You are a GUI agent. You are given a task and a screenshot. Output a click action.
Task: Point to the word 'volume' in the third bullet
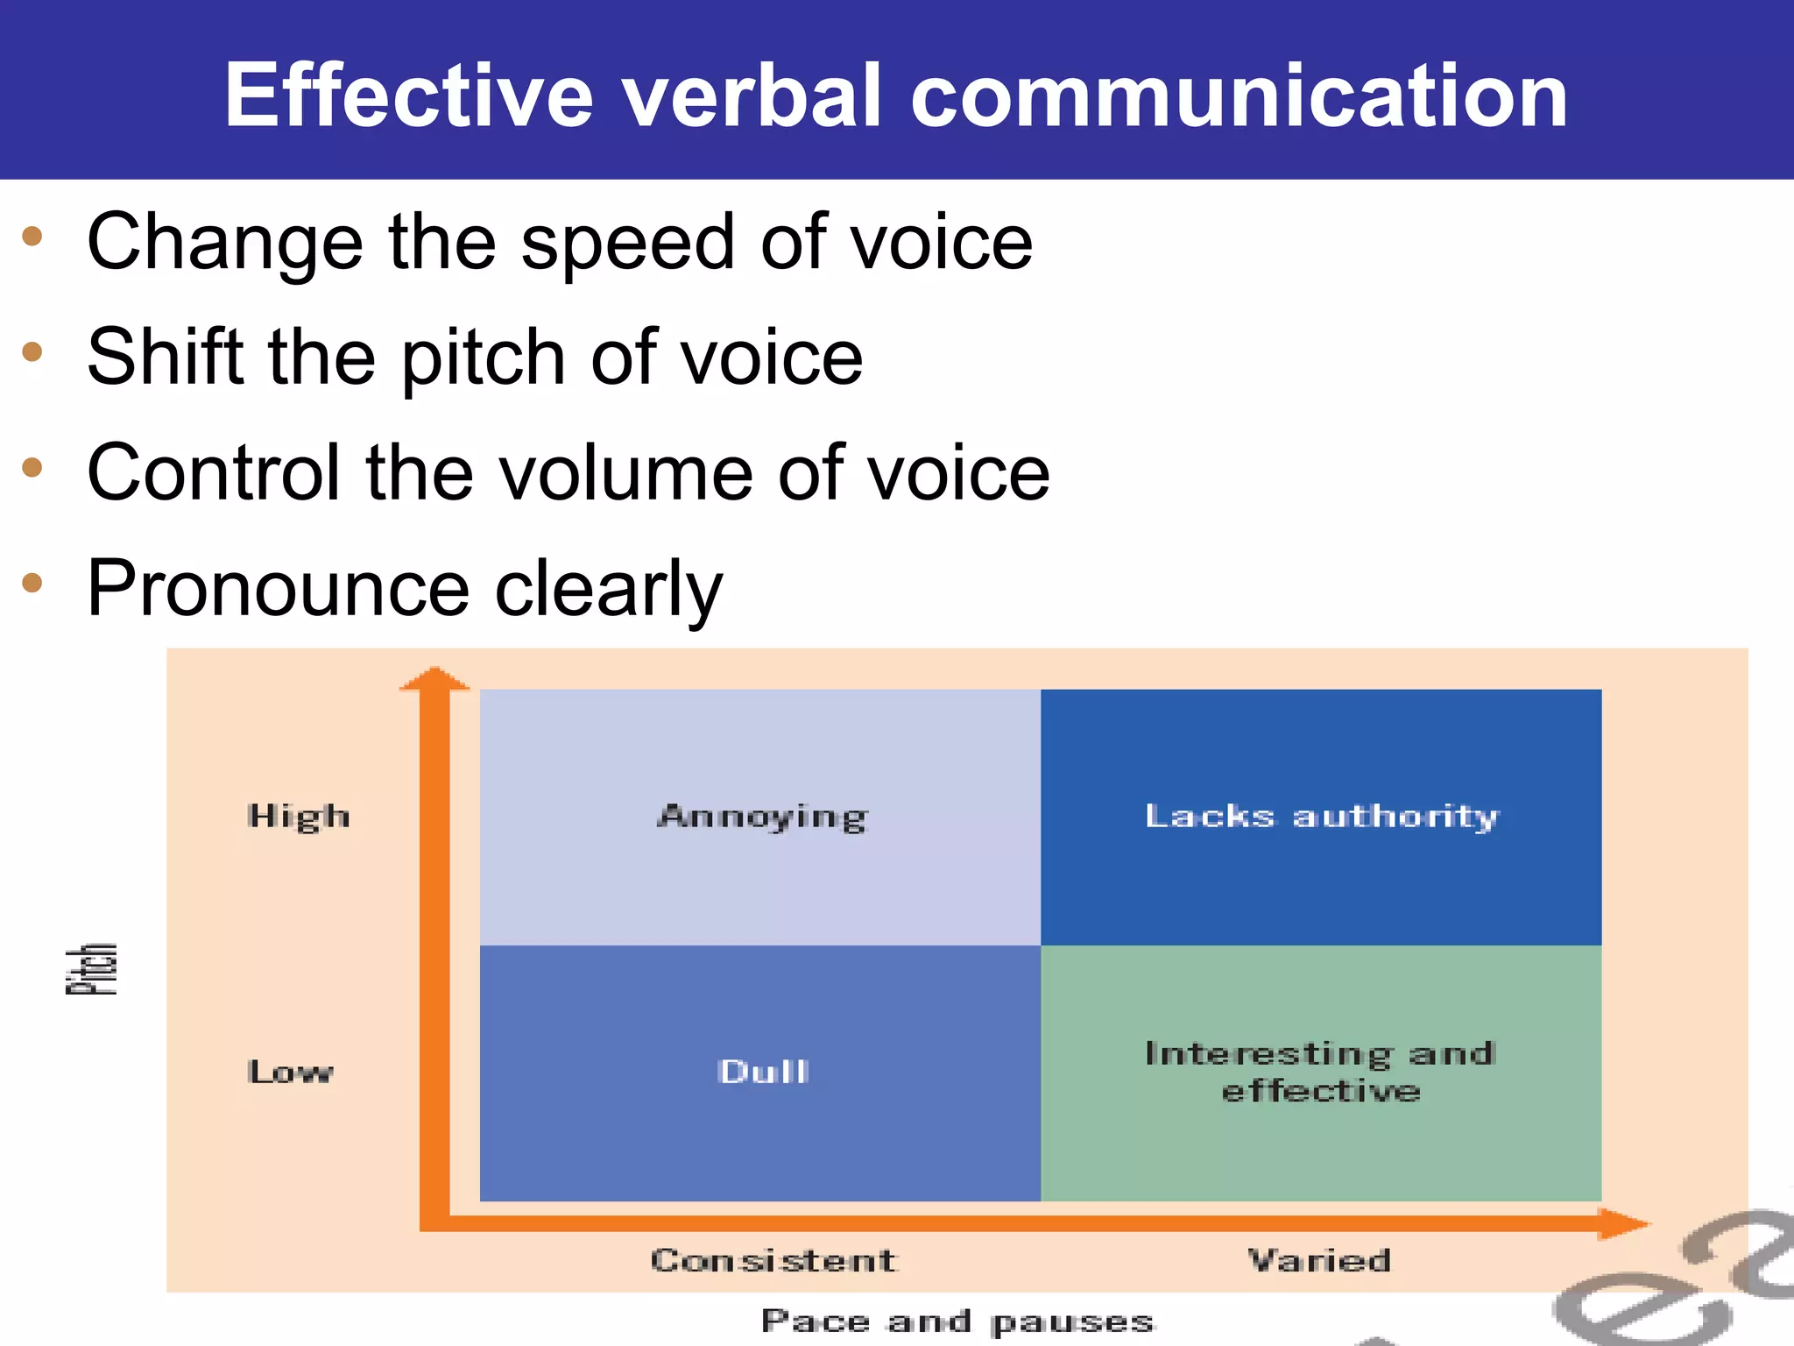pos(626,473)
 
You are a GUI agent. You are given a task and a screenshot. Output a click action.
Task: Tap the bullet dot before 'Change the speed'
pos(32,236)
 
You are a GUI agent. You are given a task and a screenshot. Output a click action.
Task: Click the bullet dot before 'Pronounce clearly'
pos(32,583)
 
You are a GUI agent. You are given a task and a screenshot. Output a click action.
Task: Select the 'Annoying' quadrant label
pos(762,817)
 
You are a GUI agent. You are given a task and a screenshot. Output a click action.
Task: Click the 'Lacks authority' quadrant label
pos(1321,816)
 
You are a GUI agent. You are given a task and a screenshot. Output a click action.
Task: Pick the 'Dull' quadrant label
pos(762,1072)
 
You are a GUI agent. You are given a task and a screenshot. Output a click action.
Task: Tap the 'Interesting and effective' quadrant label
pos(1320,1072)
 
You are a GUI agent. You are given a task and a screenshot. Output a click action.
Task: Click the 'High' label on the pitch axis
pos(299,817)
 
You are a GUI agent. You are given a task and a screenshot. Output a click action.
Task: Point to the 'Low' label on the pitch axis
pos(290,1072)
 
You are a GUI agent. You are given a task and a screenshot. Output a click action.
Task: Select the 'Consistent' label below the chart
pos(773,1260)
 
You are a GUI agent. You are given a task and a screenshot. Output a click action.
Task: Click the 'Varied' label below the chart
pos(1319,1260)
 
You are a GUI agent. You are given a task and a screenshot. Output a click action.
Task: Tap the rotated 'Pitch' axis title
pos(92,969)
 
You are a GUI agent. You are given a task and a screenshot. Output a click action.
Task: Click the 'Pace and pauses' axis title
pos(957,1321)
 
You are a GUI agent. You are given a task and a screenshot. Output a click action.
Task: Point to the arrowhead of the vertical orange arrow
pos(434,679)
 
